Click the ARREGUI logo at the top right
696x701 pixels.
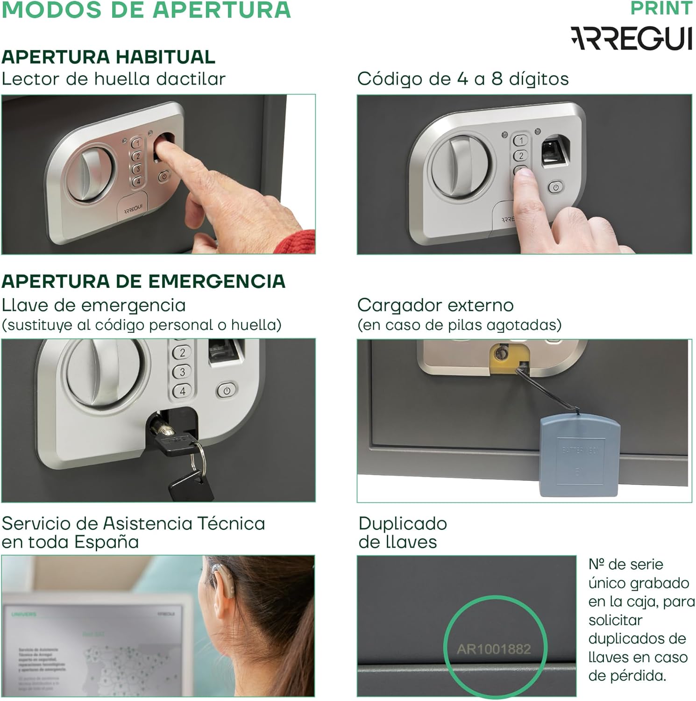click(631, 38)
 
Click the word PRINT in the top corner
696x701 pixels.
click(661, 8)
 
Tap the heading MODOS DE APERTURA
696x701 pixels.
click(146, 10)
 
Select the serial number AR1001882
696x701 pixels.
click(494, 649)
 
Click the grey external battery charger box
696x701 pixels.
click(580, 456)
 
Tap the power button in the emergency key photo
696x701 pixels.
click(227, 391)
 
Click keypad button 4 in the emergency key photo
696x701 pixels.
click(182, 391)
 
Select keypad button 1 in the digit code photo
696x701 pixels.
click(521, 140)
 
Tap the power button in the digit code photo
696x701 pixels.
click(555, 187)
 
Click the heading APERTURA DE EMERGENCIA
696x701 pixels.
click(143, 281)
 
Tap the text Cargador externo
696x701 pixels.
click(435, 305)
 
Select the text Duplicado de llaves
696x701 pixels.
click(402, 533)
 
